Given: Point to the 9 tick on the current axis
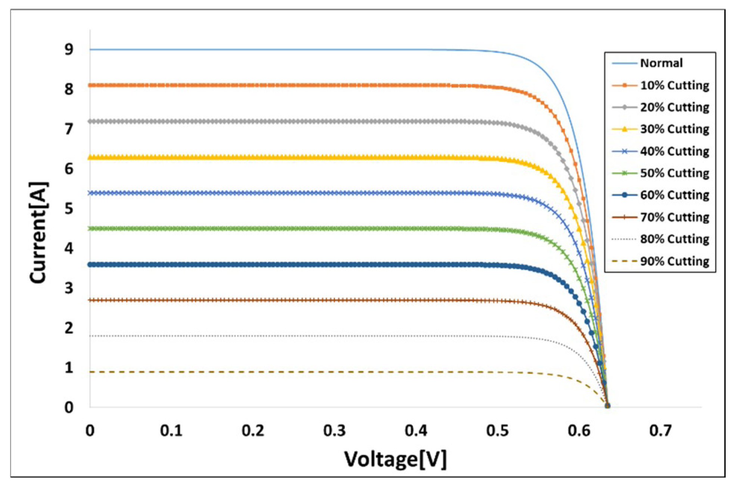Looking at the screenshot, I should [69, 49].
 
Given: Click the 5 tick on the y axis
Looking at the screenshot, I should [69, 209].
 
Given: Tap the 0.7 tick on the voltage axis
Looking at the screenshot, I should [660, 430].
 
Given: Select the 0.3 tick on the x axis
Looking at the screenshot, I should [334, 430].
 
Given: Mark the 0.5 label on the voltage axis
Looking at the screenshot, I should [497, 430].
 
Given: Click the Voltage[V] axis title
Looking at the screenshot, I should [395, 459].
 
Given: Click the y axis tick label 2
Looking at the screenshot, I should [69, 328].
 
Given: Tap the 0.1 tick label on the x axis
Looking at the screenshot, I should [171, 430].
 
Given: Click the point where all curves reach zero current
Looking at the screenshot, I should [607, 406].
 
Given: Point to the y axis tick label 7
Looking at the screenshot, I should [69, 129].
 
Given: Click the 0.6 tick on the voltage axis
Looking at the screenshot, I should [579, 430].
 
